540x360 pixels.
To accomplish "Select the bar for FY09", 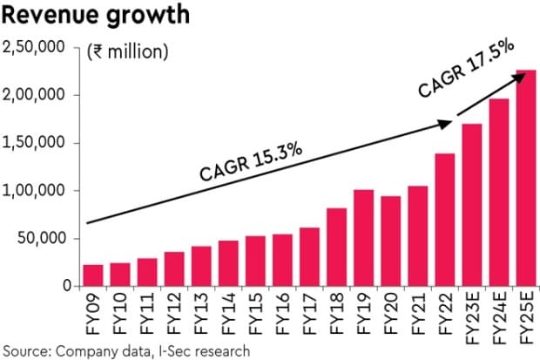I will tap(92, 275).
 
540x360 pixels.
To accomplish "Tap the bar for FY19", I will tap(364, 238).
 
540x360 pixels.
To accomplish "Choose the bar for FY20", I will tap(391, 241).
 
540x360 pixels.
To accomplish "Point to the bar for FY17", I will tap(309, 257).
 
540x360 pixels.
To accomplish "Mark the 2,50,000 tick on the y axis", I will tap(35, 48).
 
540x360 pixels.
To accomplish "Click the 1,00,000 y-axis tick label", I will tap(35, 191).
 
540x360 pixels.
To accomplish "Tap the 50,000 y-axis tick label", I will tap(39, 239).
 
